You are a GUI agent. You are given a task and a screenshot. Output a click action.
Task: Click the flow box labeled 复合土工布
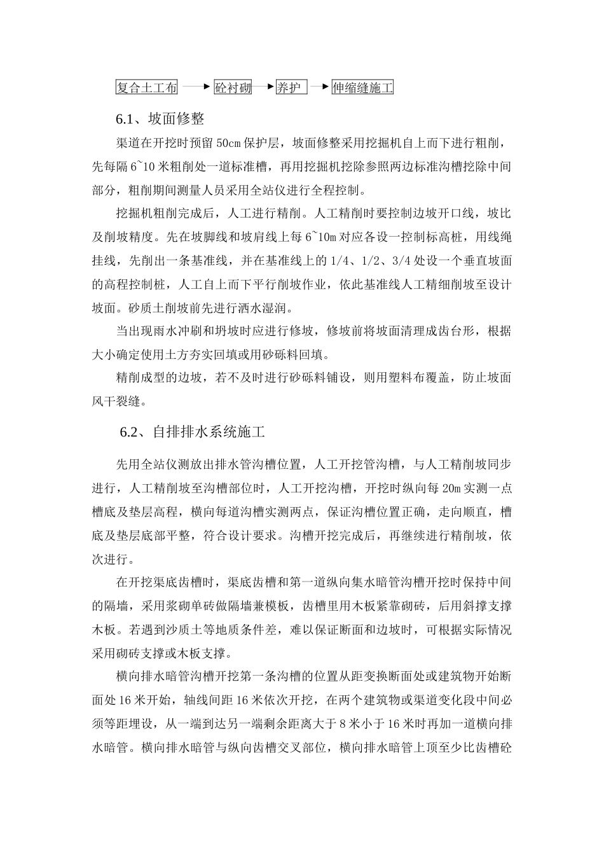point(146,88)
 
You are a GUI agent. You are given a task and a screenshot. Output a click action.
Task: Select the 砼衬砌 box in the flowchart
point(233,88)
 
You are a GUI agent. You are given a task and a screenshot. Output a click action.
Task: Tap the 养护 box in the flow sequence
point(291,88)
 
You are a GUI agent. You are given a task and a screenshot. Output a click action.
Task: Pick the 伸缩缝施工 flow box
point(362,88)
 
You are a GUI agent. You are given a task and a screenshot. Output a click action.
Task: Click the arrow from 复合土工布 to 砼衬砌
point(196,87)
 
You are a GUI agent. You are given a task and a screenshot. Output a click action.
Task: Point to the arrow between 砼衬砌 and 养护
point(263,87)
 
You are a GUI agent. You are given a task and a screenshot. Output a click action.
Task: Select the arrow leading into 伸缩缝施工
point(320,87)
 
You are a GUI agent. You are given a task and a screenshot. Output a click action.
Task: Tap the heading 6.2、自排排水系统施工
point(193,433)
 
